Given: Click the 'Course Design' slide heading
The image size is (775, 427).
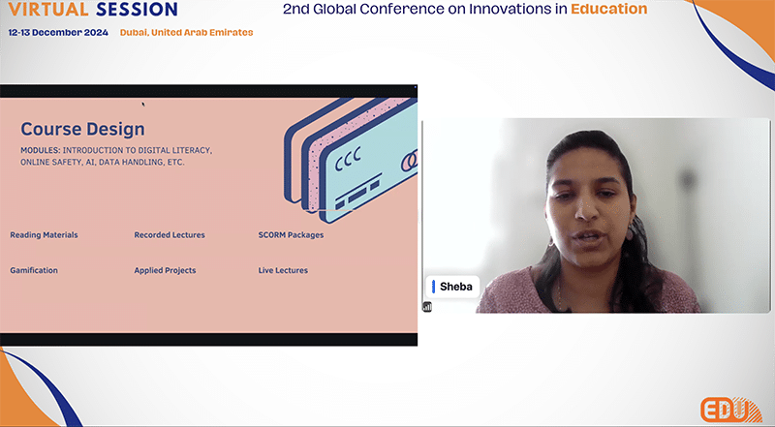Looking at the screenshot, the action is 82,129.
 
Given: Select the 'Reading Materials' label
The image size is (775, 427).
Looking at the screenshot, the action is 44,234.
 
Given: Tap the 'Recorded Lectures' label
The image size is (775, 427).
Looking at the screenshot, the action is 170,234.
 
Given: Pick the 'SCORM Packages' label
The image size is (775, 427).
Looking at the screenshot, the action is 292,234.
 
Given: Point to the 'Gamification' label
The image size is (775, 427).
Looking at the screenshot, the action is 34,270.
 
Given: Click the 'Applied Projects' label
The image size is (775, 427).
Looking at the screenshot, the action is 165,270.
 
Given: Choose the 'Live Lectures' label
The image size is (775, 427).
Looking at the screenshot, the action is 283,270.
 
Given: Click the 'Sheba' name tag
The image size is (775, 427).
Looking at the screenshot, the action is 452,287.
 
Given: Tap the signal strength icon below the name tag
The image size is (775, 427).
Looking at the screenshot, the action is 427,307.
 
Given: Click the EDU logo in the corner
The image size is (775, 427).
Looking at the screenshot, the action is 731,410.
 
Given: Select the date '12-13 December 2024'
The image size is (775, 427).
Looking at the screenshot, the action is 58,33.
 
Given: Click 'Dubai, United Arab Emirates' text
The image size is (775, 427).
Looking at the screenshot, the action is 186,33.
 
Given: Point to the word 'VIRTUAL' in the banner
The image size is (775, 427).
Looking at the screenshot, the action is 48,9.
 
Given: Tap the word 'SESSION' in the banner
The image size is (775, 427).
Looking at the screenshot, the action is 137,9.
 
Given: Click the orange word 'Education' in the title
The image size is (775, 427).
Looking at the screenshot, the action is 609,9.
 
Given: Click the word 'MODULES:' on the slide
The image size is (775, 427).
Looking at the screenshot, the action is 40,150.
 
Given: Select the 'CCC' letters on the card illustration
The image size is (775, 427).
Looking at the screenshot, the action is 348,159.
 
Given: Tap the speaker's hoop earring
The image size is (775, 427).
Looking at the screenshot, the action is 550,243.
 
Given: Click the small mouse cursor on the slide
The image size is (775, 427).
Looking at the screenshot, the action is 143,105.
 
